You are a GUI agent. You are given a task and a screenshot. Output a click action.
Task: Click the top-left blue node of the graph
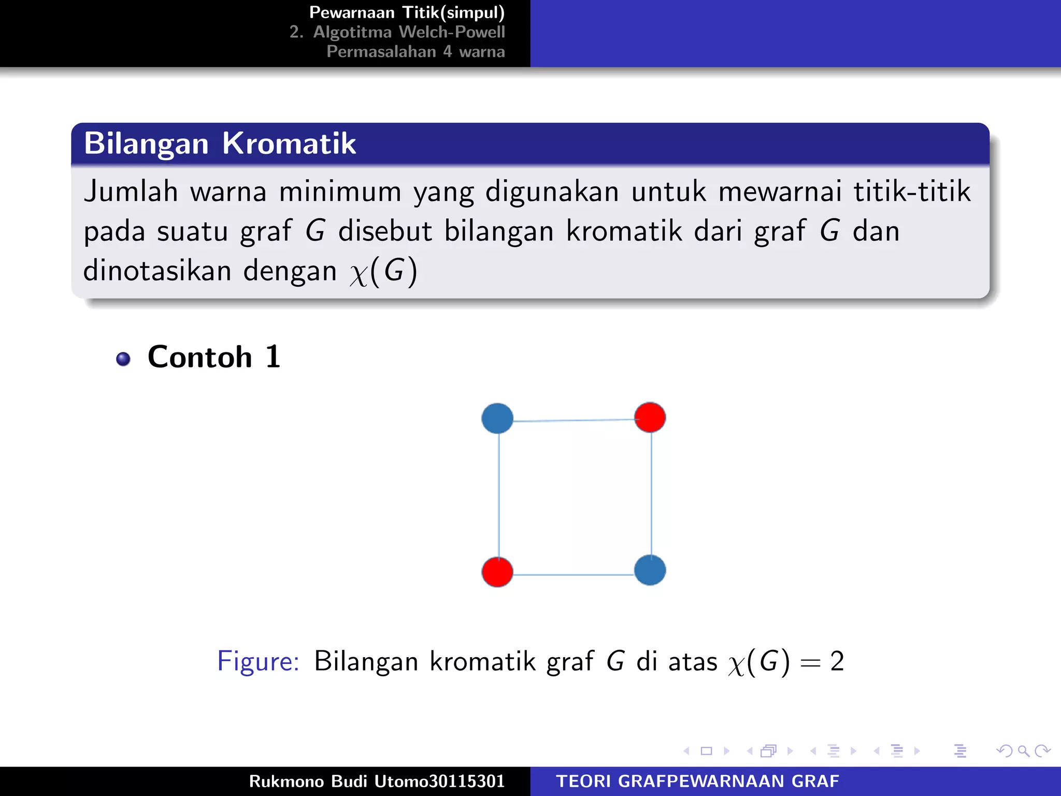(x=497, y=419)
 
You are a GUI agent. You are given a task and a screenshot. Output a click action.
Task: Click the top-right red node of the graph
(x=650, y=417)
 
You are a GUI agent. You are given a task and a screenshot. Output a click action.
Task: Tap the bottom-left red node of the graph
(x=497, y=572)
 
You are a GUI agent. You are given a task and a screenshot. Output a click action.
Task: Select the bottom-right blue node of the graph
(x=650, y=570)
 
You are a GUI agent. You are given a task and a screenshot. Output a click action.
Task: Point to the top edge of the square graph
(x=573, y=420)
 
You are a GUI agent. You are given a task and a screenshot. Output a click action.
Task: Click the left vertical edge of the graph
(x=499, y=495)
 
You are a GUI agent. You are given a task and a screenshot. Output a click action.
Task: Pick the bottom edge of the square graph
(x=573, y=575)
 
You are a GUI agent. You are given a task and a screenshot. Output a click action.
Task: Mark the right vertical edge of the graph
(x=651, y=494)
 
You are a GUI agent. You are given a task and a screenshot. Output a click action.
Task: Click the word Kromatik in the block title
(x=289, y=144)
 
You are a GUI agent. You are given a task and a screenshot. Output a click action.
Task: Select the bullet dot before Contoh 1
(x=123, y=359)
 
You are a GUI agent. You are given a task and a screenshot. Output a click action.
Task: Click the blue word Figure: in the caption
(x=258, y=661)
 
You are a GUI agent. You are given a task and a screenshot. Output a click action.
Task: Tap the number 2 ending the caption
(x=837, y=661)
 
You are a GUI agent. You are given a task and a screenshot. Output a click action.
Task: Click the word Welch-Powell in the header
(x=452, y=32)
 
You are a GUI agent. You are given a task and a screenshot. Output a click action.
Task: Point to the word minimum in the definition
(x=340, y=192)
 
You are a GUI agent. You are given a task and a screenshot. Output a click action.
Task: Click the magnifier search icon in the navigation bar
(x=1023, y=751)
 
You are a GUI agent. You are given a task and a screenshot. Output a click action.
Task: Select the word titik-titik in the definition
(x=912, y=192)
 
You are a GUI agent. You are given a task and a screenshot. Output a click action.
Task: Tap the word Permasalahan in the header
(x=381, y=52)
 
